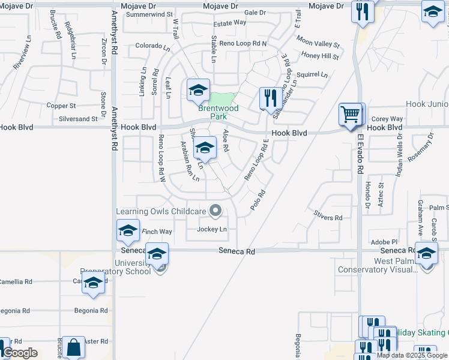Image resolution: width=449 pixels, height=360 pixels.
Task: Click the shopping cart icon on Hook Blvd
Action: [351, 113]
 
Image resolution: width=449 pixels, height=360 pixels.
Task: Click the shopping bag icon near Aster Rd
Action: [73, 347]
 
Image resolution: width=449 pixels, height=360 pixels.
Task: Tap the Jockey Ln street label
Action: [212, 229]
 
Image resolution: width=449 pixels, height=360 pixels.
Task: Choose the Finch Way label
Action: [157, 232]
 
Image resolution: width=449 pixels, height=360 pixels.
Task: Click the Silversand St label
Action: [78, 119]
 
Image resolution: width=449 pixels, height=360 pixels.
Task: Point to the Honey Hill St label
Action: [321, 56]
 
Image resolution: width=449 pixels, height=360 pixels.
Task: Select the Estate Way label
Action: [231, 23]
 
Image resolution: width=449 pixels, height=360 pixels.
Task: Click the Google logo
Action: [20, 353]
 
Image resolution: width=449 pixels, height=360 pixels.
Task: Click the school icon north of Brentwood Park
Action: [198, 90]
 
